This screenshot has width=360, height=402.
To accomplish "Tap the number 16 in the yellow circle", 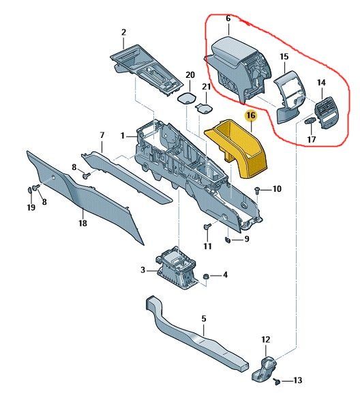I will pos(250,117).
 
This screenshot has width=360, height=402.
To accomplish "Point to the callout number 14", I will pos(321,83).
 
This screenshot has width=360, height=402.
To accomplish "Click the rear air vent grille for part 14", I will pos(326,113).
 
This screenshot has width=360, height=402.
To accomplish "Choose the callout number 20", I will pos(190,74).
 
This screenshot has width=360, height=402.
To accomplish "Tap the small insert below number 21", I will pos(203,106).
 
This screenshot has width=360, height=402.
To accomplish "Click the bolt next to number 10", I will pos(256,189).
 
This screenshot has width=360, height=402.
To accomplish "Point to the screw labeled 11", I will pos(207,227).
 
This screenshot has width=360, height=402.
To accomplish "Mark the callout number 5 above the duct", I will pos(202,318).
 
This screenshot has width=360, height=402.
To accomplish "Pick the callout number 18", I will pos(82,223).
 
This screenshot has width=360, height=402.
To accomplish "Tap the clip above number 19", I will pos(31,188).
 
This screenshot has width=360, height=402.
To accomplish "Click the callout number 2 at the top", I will pos(123,32).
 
